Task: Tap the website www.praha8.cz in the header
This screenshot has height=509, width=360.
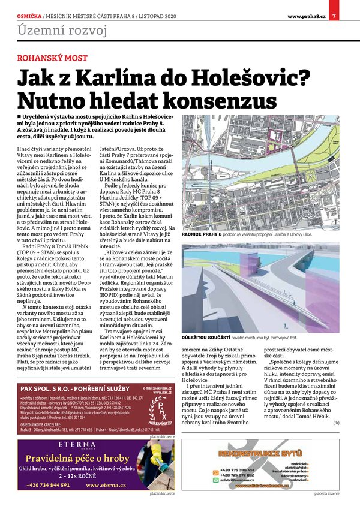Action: click(x=306, y=15)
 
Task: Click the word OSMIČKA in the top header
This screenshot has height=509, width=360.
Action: click(x=29, y=15)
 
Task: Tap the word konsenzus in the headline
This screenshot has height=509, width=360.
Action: click(x=214, y=100)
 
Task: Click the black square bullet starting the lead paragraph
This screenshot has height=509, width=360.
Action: click(x=20, y=115)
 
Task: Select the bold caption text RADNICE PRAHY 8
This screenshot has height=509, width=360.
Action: click(x=201, y=234)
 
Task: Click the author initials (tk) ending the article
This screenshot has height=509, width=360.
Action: click(x=335, y=423)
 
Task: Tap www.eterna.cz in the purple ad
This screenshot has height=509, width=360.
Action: click(x=106, y=484)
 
